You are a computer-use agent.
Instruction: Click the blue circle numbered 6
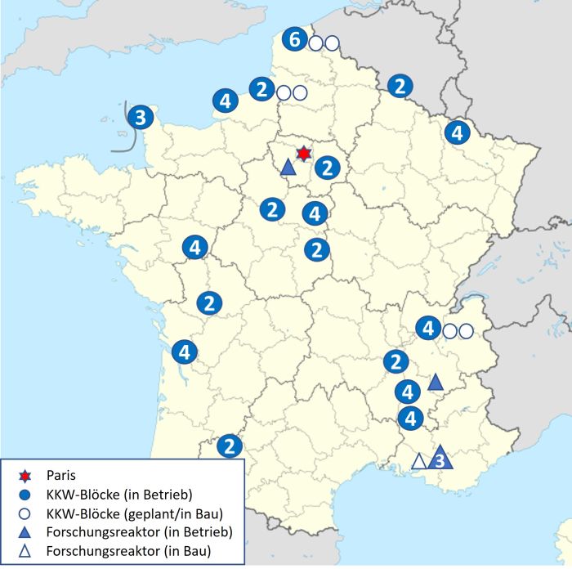(295, 38)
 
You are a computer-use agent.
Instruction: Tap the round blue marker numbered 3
(140, 118)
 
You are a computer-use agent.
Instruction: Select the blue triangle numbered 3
(440, 459)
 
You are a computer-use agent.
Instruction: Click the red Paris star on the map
(303, 153)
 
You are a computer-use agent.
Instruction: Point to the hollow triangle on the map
(418, 461)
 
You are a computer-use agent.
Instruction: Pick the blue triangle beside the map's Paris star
(288, 168)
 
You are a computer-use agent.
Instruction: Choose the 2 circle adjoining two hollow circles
(261, 89)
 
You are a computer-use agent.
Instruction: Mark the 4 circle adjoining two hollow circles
(427, 329)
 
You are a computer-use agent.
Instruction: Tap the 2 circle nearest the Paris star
(327, 168)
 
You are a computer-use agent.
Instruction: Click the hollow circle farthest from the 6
(466, 331)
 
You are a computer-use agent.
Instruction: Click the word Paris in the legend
(62, 473)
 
